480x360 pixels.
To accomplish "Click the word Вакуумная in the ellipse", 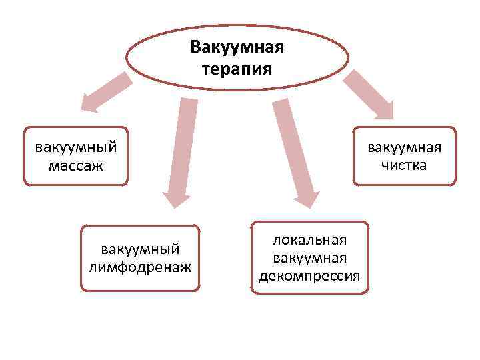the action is (x=237, y=47).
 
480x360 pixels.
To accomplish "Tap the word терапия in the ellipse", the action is (x=237, y=69).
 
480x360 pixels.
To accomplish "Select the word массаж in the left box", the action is (x=76, y=164).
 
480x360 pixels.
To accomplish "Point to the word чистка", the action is (x=404, y=164).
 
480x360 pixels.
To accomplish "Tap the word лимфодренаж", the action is (x=140, y=267).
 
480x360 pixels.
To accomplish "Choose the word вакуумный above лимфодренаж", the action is (x=140, y=249).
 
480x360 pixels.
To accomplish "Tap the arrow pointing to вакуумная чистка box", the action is (x=369, y=94).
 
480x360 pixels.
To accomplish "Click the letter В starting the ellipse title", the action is (x=195, y=47).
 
